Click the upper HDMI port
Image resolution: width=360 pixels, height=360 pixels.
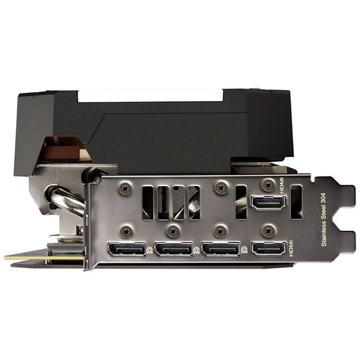pos(269,203)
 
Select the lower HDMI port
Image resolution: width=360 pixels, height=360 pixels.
pos(269,248)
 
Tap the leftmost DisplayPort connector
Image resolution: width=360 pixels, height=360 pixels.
pos(126,249)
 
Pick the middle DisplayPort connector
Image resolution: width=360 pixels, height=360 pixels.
pos(174,249)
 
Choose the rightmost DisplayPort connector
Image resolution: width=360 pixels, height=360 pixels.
pos(221,249)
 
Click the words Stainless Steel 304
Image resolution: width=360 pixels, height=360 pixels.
pos(324,219)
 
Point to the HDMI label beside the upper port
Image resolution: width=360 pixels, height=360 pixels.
pos(282,186)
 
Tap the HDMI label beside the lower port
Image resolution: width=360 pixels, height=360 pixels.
pos(291,248)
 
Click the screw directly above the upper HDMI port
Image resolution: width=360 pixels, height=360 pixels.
pos(269,185)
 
